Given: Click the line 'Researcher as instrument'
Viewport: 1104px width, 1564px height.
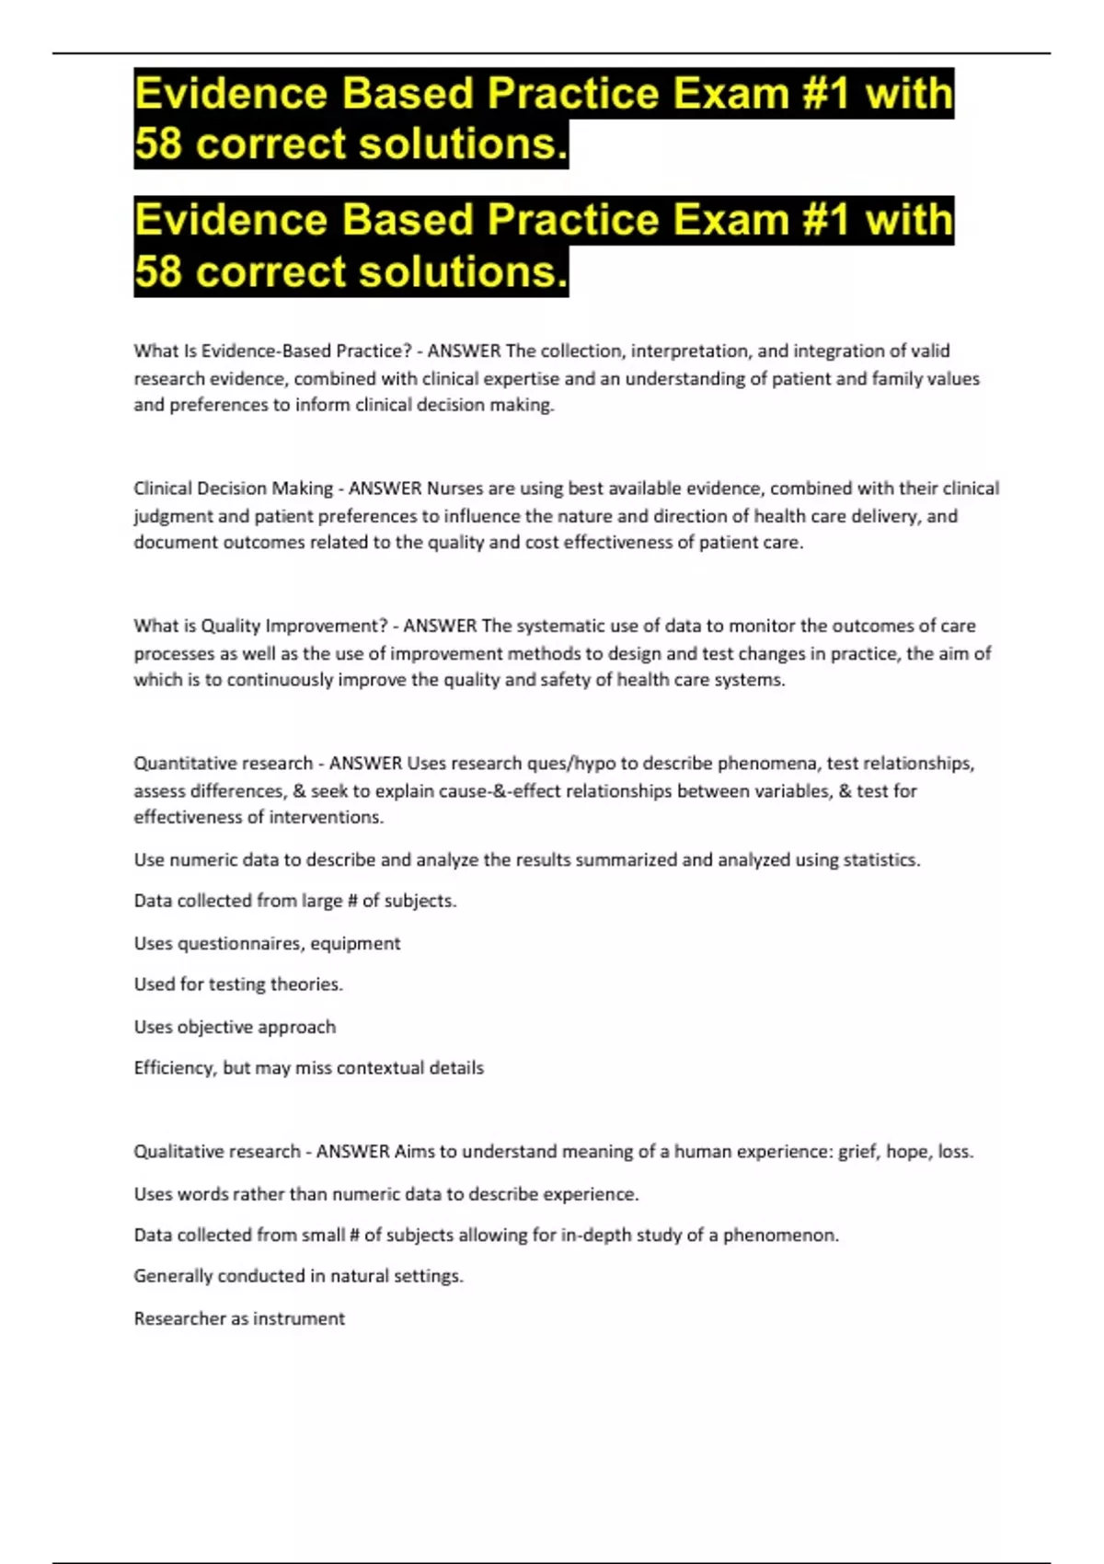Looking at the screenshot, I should [239, 1318].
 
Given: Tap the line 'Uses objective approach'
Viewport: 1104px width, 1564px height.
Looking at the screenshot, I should [235, 1027].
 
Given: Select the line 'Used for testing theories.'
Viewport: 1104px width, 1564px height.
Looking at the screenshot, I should [238, 984].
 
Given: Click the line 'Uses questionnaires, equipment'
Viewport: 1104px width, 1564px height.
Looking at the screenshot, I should [267, 943].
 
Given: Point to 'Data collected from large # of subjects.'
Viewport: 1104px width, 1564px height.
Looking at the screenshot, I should [294, 901].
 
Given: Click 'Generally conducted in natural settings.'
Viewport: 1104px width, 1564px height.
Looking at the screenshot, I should [298, 1276].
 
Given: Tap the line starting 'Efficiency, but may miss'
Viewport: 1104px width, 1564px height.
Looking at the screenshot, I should [308, 1068].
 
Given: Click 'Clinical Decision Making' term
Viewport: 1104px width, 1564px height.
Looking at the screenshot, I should [233, 489].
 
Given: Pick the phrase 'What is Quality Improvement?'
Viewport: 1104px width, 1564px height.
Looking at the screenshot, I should [260, 626].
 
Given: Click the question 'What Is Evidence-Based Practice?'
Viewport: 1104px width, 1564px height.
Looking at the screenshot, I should [272, 351].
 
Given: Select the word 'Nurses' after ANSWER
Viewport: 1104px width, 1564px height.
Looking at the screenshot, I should [454, 489].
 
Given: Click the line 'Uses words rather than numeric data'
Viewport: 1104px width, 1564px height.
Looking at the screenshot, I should [385, 1194].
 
